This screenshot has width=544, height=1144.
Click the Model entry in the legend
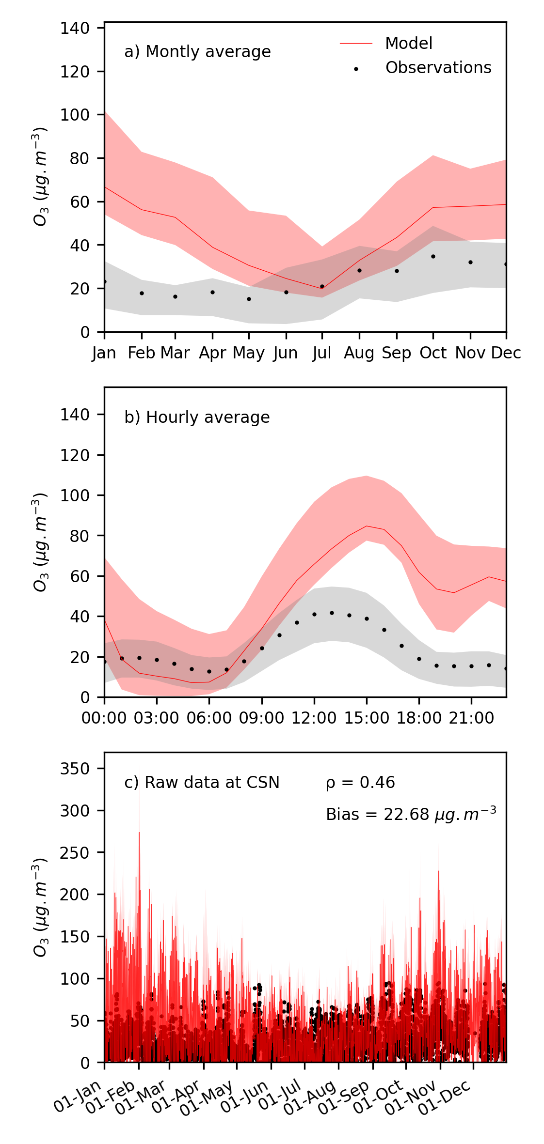tap(408, 44)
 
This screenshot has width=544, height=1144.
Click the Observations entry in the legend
tap(438, 68)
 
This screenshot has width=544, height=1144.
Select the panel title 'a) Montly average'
tap(197, 52)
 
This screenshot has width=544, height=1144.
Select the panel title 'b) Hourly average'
tap(197, 417)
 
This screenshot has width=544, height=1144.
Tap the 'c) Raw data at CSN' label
tap(202, 783)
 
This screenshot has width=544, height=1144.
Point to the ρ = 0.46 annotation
tap(360, 783)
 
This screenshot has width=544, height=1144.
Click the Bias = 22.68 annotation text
tap(411, 815)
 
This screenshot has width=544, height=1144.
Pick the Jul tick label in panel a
tap(322, 353)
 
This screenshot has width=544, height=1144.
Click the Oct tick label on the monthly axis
tap(432, 353)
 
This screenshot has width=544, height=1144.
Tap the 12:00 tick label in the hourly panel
tap(314, 718)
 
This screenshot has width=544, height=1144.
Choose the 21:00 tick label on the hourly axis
tap(471, 718)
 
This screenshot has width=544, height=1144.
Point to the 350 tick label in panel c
tap(75, 769)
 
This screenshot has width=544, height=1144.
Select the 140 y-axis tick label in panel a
tap(75, 28)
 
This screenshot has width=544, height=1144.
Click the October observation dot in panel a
tap(433, 256)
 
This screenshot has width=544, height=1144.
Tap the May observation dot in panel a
tap(249, 299)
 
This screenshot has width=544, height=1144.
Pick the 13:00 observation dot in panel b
tap(332, 613)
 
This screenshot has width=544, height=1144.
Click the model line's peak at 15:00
tap(367, 526)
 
